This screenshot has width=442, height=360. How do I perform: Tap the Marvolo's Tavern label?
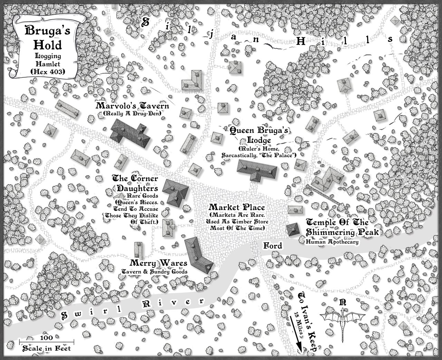pyautogui.click(x=133, y=106)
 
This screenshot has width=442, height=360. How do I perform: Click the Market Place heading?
pyautogui.click(x=237, y=207)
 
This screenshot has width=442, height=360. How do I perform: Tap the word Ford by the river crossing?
pyautogui.click(x=273, y=246)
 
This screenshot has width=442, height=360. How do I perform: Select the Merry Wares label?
pyautogui.click(x=154, y=263)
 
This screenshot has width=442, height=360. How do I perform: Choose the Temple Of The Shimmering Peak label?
pyautogui.click(x=341, y=227)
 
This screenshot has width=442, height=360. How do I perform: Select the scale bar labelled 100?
pyautogui.click(x=46, y=341)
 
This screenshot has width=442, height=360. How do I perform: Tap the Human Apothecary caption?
pyautogui.click(x=332, y=242)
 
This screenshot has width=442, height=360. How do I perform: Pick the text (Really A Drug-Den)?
pyautogui.click(x=133, y=114)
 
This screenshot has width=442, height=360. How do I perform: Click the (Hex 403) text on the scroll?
pyautogui.click(x=44, y=71)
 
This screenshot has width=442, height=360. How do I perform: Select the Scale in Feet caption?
pyautogui.click(x=46, y=349)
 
